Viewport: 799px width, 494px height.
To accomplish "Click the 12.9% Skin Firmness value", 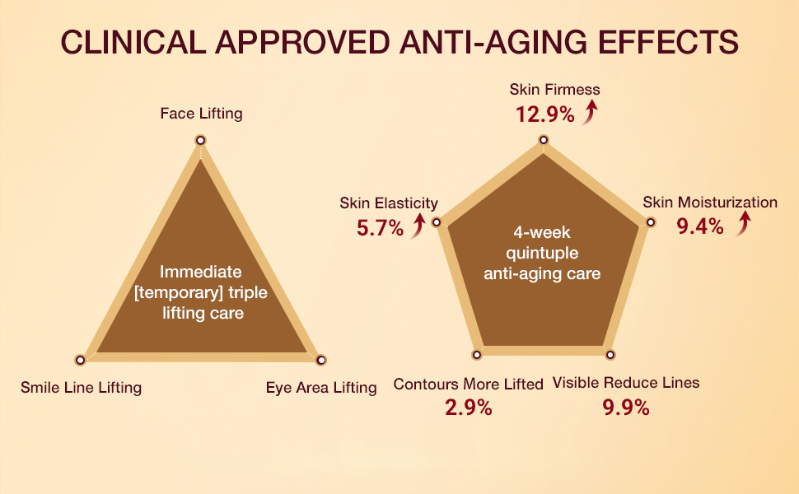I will click(544, 114).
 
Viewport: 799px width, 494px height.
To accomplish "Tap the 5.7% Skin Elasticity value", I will click(380, 228).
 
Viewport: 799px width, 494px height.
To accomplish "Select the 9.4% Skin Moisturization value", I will click(700, 226).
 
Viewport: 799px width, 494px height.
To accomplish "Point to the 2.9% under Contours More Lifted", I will click(469, 408).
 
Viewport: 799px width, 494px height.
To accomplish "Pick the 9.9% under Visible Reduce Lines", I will click(625, 408).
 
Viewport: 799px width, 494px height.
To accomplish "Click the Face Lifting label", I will click(201, 114).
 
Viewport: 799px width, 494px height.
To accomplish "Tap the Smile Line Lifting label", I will click(81, 387).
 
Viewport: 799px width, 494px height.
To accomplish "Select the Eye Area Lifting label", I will click(321, 387).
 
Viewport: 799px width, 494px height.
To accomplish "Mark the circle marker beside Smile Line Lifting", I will click(80, 360).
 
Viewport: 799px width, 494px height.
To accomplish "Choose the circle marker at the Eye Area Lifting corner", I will click(321, 360).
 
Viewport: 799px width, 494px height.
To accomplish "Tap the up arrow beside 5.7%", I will click(418, 225).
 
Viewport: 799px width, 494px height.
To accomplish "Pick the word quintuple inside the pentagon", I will click(543, 253).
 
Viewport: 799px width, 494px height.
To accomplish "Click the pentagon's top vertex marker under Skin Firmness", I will click(543, 141).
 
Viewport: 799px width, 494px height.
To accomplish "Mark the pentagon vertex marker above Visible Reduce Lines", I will click(610, 355).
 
